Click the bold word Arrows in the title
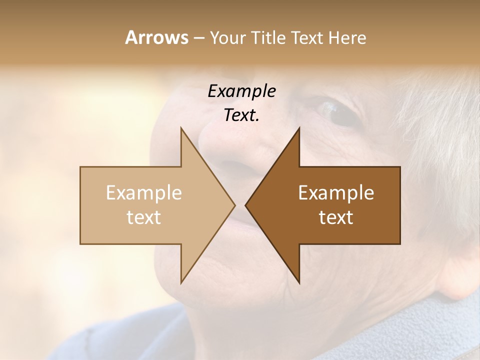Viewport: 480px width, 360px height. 157,37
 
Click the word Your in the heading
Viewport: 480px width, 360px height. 228,38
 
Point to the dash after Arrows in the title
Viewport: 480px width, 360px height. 198,38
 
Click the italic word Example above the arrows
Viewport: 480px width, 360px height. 241,91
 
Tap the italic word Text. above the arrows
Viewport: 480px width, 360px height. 241,115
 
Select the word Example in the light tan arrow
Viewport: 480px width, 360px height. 144,193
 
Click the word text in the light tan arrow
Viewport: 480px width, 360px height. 144,217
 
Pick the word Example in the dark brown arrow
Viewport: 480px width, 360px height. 336,193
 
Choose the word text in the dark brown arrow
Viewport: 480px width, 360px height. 336,217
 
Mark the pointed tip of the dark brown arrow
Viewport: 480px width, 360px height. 246,205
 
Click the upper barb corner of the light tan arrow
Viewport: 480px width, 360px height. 181,128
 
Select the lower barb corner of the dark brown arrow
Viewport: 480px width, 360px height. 299,282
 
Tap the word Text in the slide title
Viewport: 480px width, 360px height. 305,37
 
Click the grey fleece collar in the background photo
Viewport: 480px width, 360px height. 410,325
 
